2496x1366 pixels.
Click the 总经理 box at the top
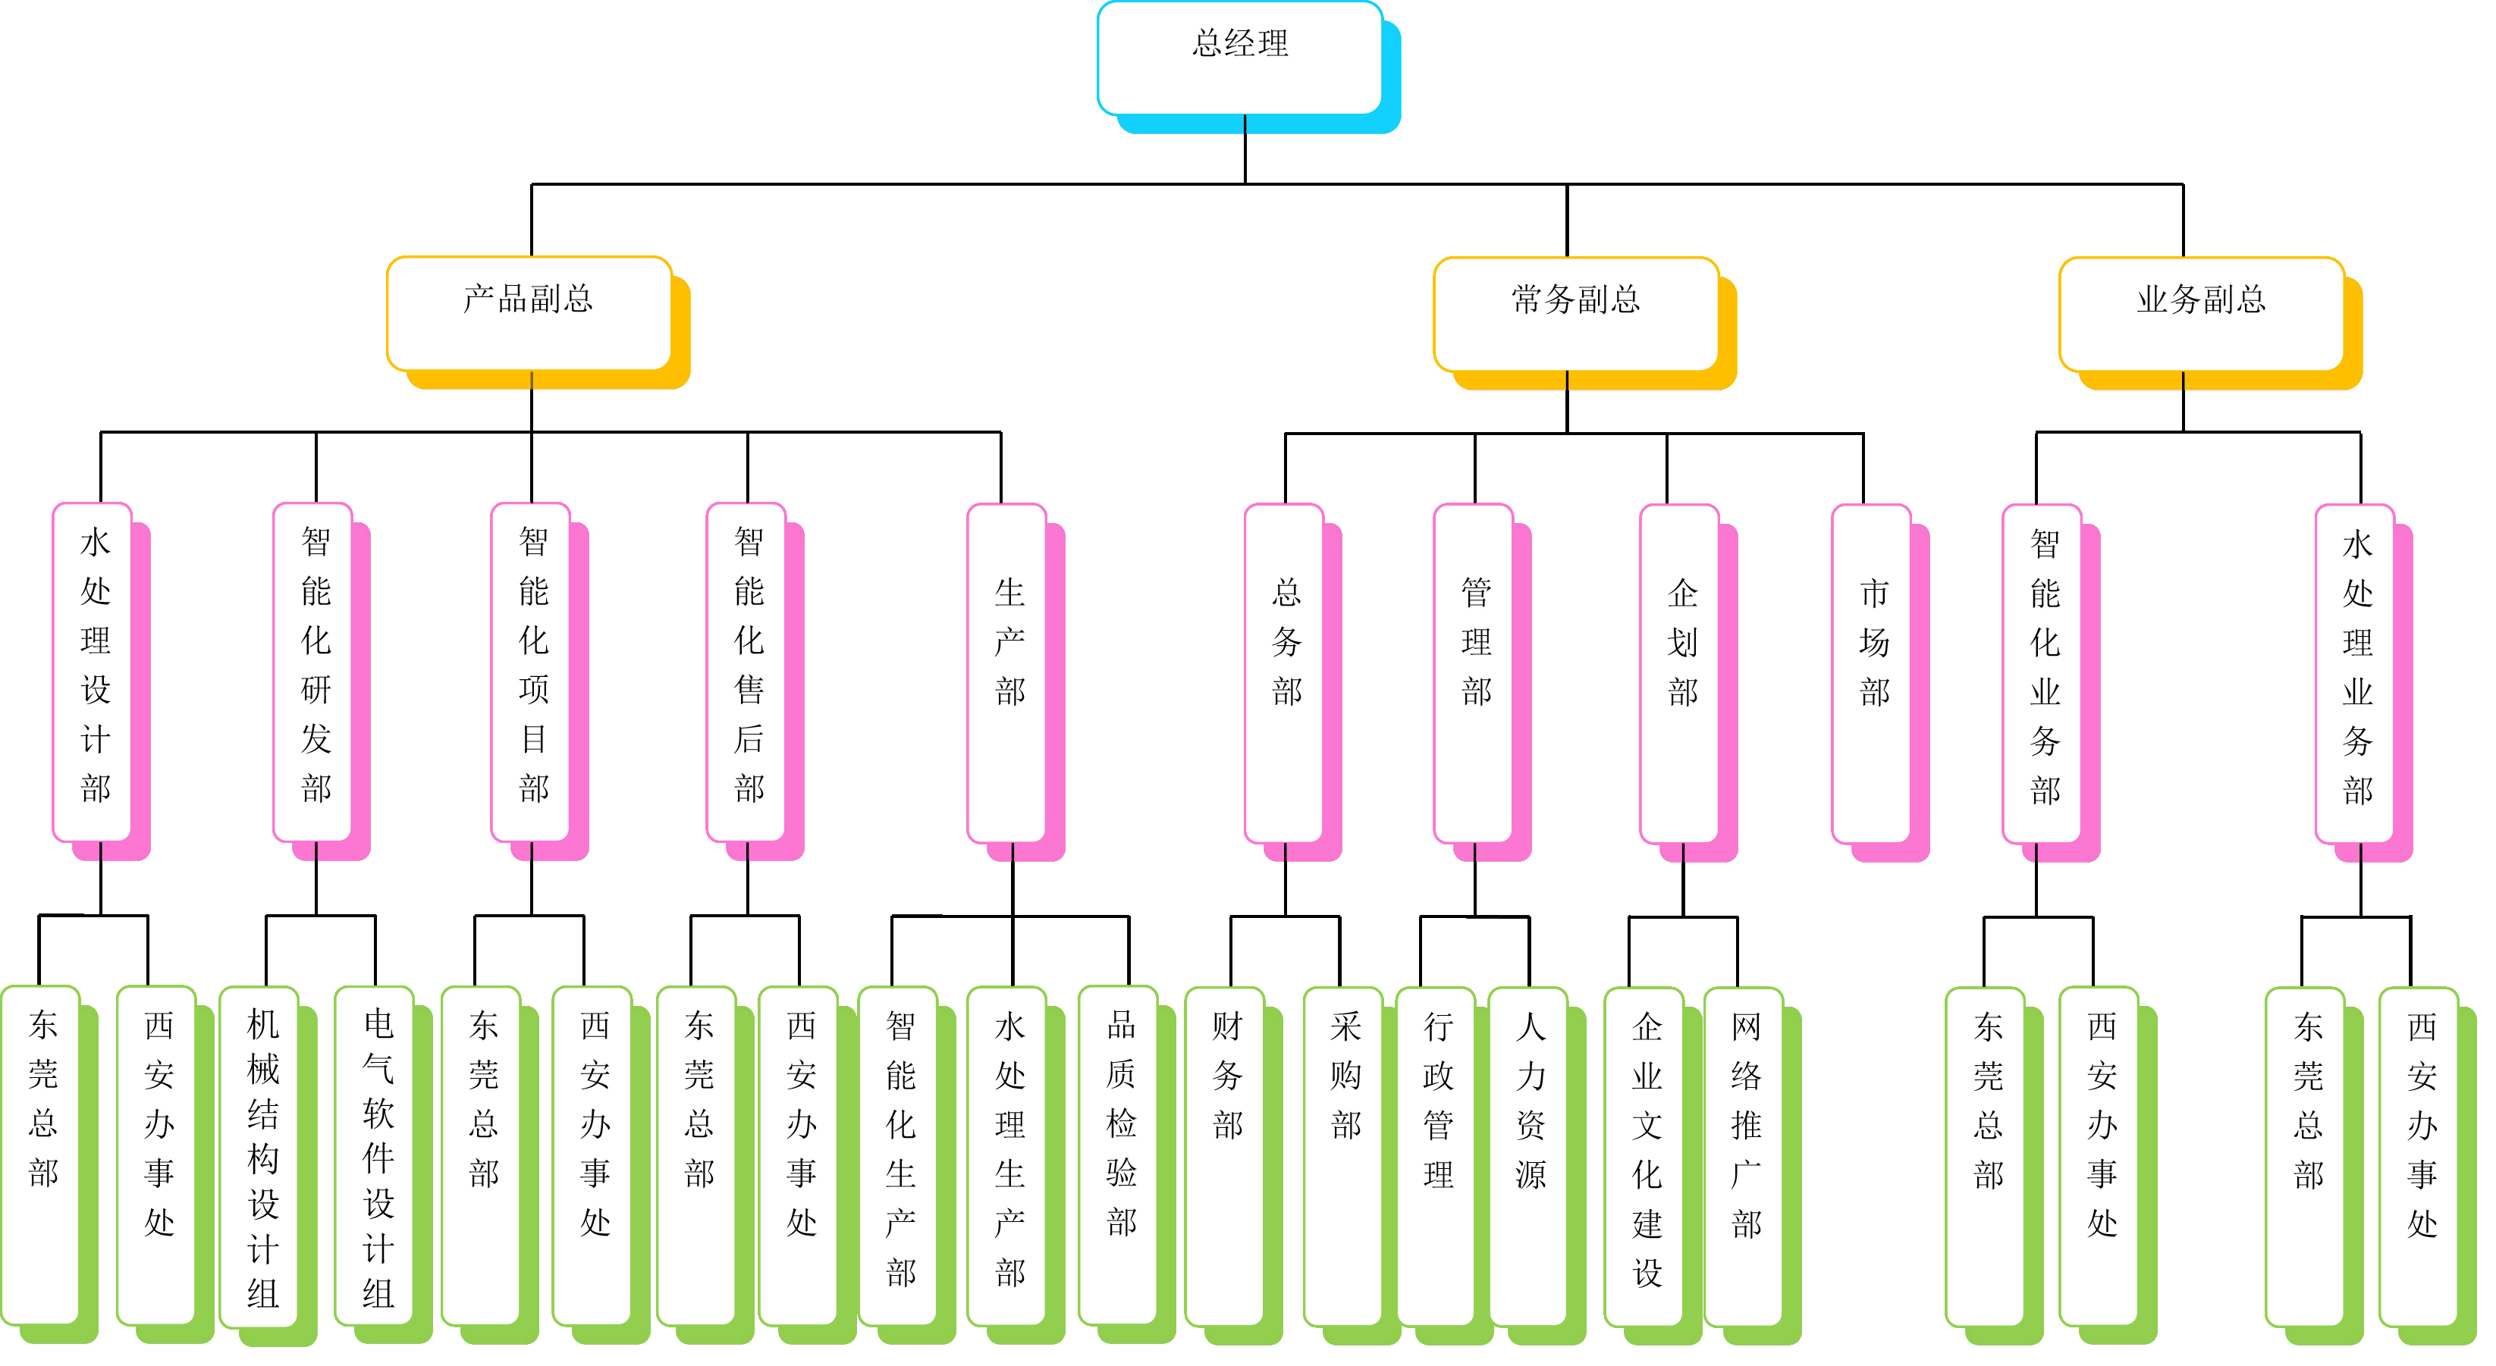1239,58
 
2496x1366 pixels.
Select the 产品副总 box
529,313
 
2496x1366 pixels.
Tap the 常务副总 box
1575,314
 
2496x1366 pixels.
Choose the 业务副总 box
2200,314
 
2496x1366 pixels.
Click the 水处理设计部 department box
93,672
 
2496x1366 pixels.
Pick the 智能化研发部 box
313,672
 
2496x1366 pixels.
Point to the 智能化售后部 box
746,672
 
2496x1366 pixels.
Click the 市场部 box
1871,672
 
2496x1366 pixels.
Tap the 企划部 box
1679,672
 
